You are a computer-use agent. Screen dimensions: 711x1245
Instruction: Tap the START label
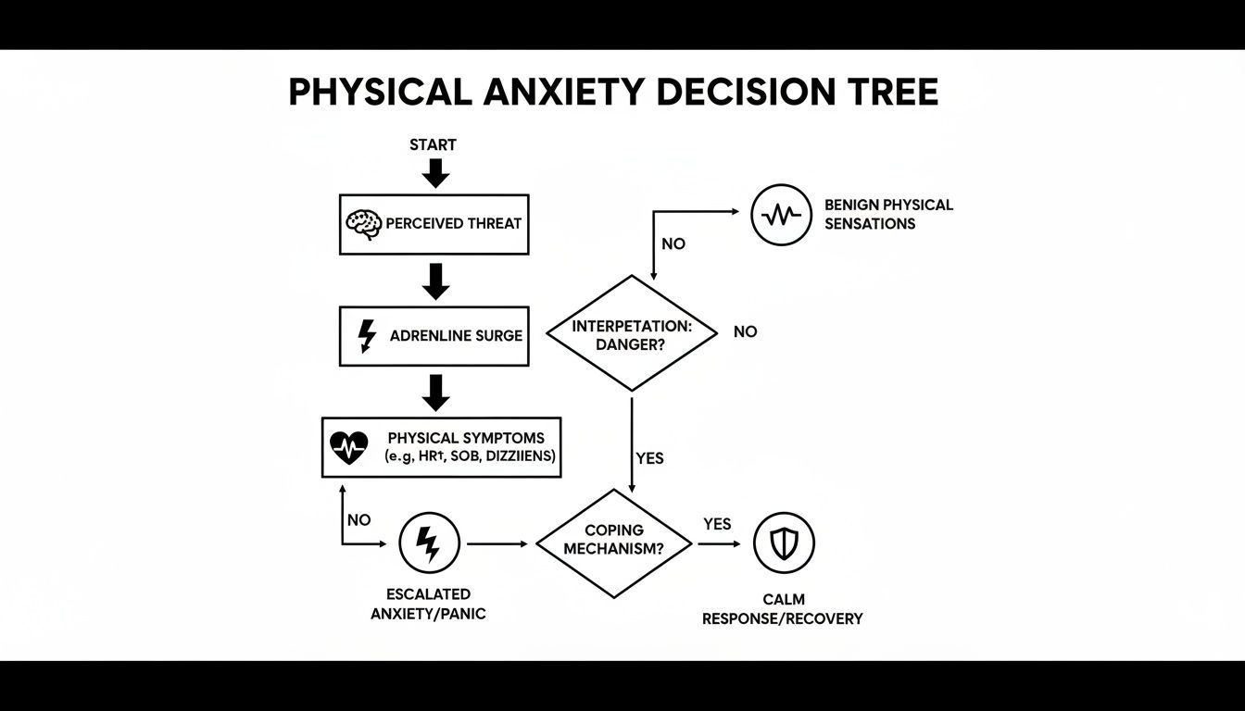tap(433, 144)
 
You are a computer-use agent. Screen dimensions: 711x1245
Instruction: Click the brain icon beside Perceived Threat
tap(363, 224)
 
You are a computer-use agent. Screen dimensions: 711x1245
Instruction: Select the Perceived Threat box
tap(434, 224)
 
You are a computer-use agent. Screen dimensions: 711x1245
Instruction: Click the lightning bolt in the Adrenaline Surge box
tap(367, 335)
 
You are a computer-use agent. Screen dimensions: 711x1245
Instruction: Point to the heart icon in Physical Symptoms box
tap(348, 448)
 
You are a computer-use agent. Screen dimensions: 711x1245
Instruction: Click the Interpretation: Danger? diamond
tap(632, 333)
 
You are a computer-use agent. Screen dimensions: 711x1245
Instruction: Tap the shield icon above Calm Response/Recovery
tap(784, 543)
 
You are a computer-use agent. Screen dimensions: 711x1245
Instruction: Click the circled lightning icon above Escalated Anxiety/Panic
tap(429, 543)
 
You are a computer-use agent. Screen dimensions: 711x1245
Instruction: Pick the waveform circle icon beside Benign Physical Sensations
tap(781, 215)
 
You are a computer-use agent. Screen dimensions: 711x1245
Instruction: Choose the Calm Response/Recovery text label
tap(782, 609)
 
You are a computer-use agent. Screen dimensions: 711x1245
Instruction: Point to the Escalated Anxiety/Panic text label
tap(428, 604)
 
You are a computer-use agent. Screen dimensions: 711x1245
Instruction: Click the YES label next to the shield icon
tap(717, 524)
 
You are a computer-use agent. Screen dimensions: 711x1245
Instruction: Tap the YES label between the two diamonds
tap(650, 458)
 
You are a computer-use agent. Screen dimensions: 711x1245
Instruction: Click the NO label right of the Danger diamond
tap(745, 331)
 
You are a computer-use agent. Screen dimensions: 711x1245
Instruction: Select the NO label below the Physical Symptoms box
tap(358, 520)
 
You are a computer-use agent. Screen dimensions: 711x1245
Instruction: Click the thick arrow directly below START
tap(434, 172)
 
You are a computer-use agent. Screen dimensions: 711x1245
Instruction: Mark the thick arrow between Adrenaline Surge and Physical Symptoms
tap(434, 393)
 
